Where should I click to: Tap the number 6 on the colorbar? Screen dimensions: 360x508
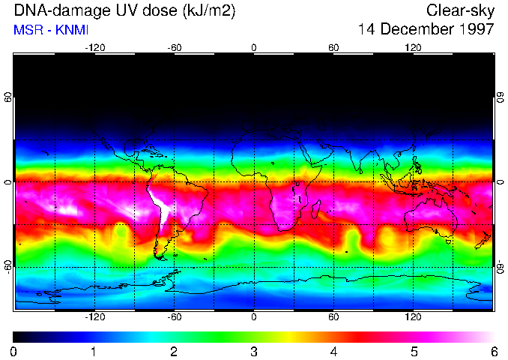493,351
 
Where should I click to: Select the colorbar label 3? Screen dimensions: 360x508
253,351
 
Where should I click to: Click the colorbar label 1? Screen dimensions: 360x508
94,351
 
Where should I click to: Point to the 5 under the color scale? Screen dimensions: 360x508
414,351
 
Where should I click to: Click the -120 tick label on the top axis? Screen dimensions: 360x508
94,48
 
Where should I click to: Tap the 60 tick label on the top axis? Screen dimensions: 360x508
333,48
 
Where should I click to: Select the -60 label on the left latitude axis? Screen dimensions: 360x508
7,266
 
